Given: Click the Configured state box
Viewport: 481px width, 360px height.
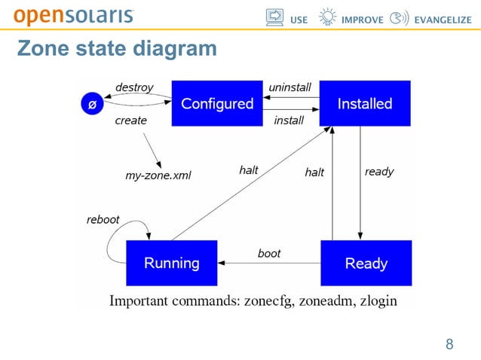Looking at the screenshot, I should pos(217,104).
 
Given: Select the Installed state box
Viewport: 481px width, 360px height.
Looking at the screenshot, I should pos(365,104).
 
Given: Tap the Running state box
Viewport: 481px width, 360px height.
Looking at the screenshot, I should pos(172,263).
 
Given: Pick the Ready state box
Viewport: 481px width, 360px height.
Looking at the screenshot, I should pos(366,263).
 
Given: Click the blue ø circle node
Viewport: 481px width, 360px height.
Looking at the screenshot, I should pos(92,105).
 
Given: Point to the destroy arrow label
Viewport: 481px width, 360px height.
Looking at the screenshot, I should pos(133,87).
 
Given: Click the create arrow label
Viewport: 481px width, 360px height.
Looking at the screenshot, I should pos(130,120).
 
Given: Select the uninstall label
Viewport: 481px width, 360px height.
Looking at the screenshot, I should pos(290,87).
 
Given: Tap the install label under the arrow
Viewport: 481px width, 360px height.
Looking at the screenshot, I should pos(289,120).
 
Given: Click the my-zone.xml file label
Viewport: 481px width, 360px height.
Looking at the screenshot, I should pos(158,175).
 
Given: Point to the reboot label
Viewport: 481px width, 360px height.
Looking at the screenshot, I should pos(103,220).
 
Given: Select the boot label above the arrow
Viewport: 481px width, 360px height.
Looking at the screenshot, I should pos(269,254).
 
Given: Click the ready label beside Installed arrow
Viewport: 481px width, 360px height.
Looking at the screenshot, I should pos(379,172).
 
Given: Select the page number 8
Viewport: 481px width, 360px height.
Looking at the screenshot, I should pos(449,345).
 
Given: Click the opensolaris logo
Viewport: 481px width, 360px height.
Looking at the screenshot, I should pos(74,16).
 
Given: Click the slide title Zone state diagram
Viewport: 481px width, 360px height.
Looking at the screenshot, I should pos(117,49).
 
